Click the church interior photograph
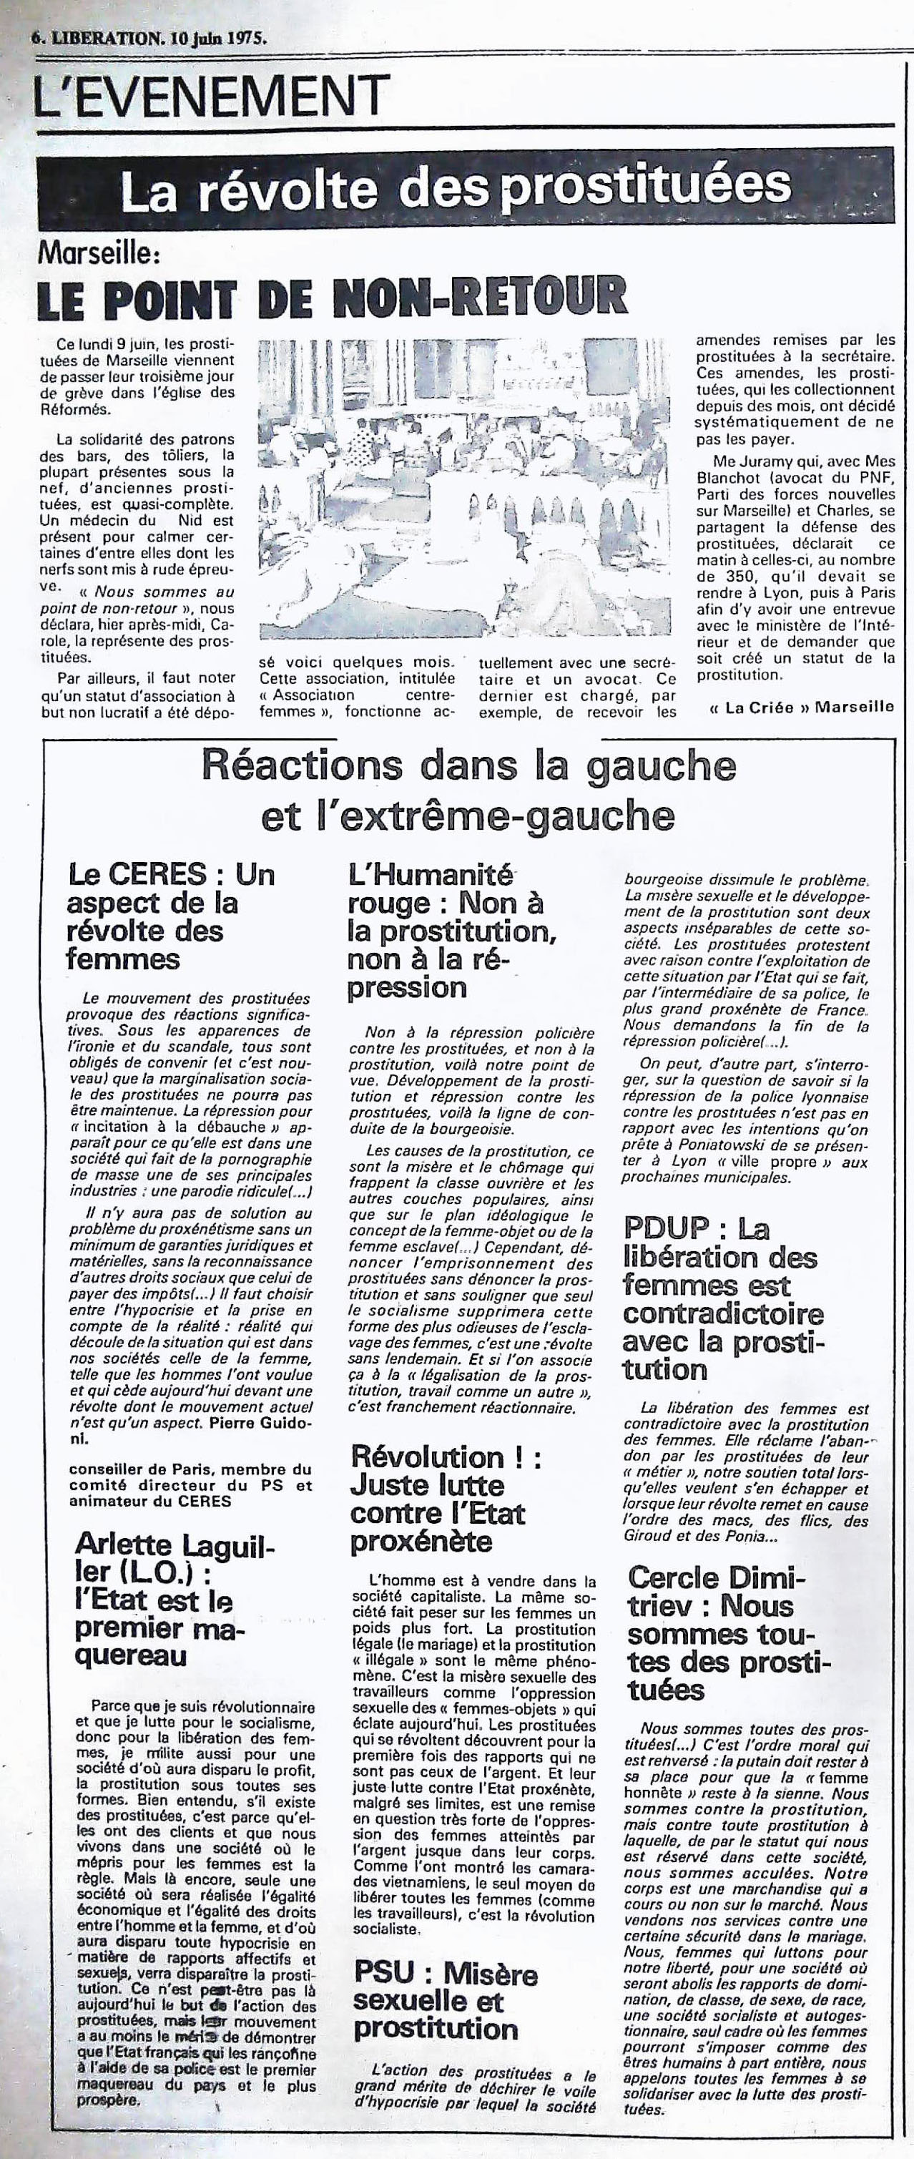coord(466,489)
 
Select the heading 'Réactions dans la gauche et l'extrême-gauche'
coord(468,790)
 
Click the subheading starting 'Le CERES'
coord(171,917)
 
